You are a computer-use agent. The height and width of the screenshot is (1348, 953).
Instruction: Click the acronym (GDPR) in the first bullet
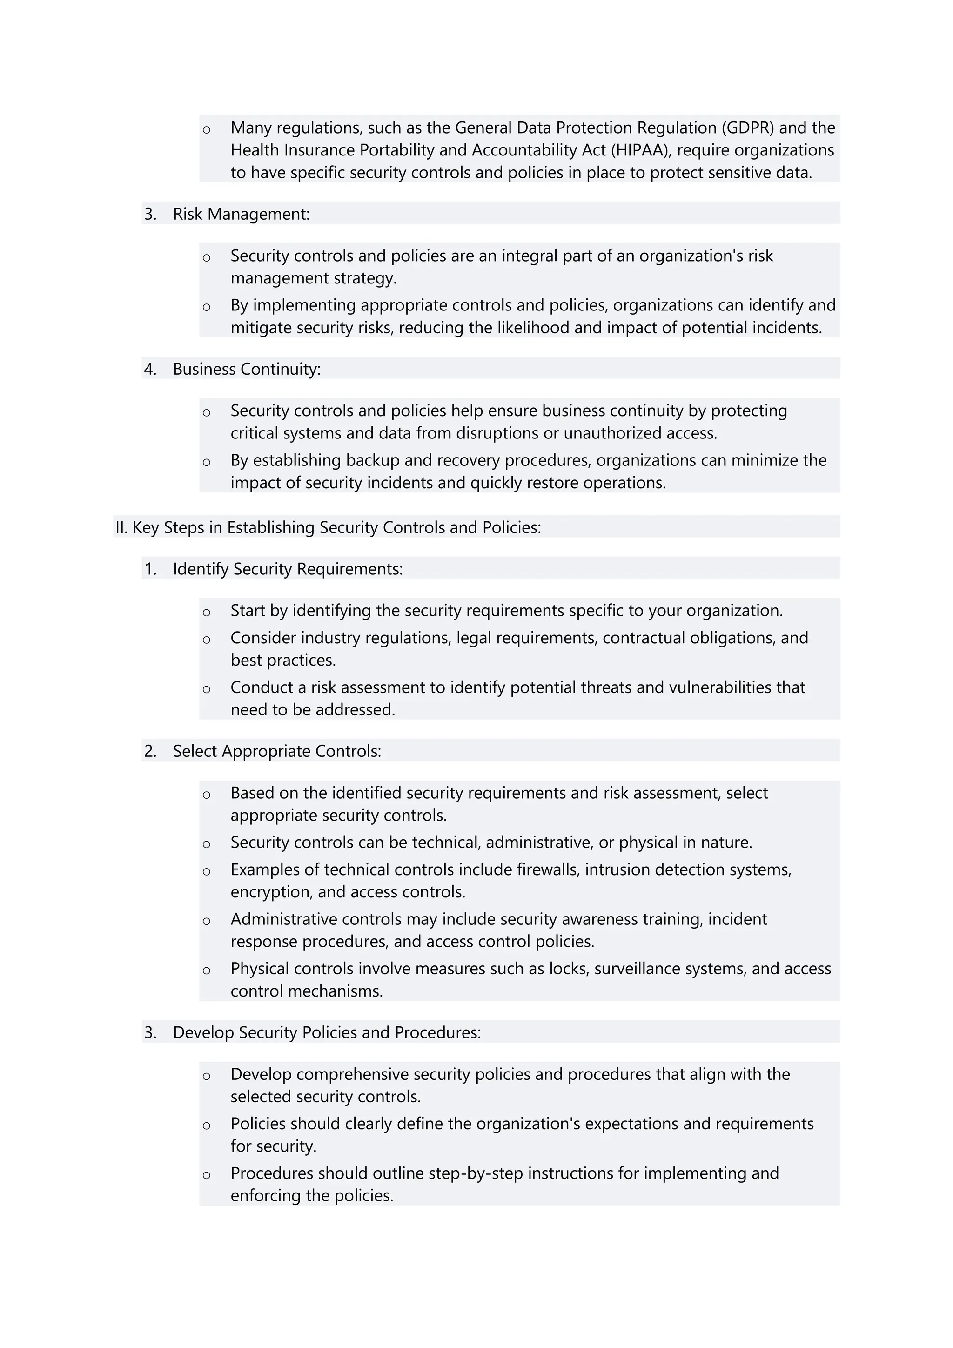(748, 128)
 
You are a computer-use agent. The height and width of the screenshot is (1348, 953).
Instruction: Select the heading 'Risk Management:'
(241, 214)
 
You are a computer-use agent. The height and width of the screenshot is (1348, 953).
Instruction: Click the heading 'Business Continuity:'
(247, 369)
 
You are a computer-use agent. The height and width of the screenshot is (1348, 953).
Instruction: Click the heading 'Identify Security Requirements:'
(288, 569)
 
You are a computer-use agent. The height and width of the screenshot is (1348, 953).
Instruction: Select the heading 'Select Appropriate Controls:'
(276, 751)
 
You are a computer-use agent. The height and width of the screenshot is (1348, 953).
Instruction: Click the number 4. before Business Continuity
(150, 369)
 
